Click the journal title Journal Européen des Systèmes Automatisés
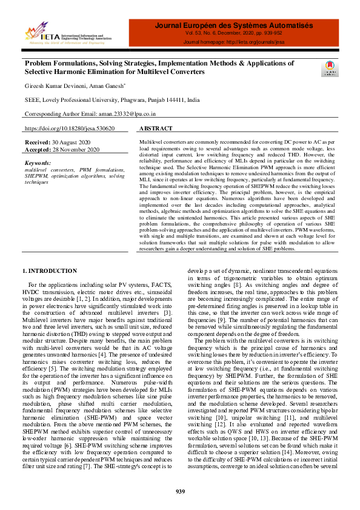pyautogui.click(x=234, y=26)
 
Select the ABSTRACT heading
pyautogui.click(x=156, y=129)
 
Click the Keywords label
pyautogui.click(x=38, y=163)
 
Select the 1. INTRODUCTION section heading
pyautogui.click(x=50, y=270)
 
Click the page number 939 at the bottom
pyautogui.click(x=180, y=491)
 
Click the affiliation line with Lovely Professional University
pyautogui.click(x=112, y=99)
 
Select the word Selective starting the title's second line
pyautogui.click(x=41, y=72)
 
